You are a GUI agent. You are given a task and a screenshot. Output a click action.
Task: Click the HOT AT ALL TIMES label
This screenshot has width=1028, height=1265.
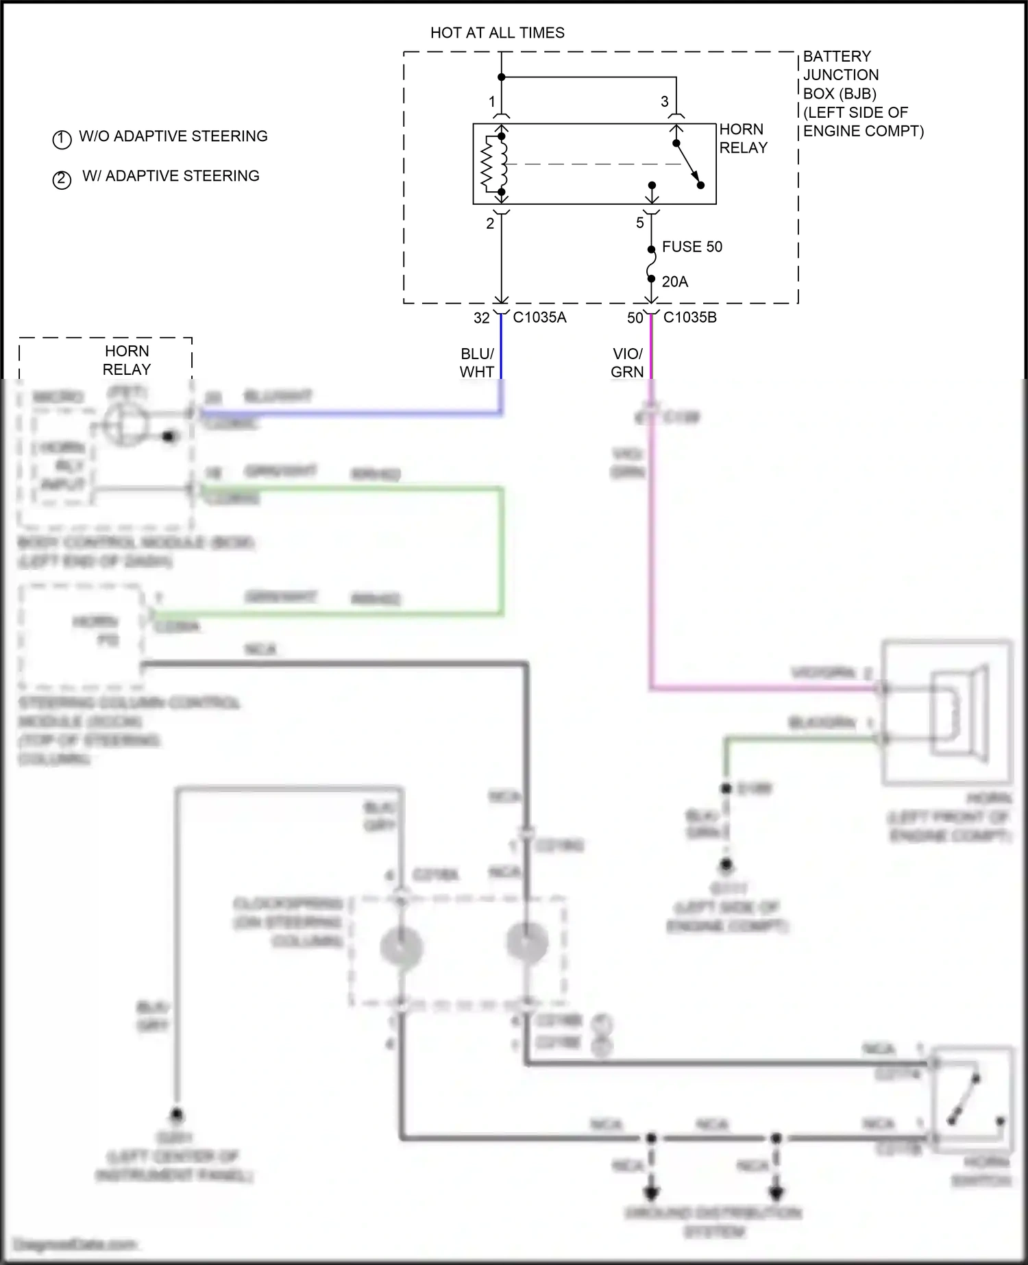point(497,33)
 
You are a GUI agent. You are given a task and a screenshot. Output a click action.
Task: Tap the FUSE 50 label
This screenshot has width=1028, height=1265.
point(692,247)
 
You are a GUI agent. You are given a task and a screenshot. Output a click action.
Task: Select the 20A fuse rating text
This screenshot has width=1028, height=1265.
point(674,282)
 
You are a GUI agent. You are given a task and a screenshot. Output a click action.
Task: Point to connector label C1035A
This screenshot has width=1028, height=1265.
point(539,318)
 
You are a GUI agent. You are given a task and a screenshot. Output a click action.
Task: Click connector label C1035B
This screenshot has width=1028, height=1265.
point(689,318)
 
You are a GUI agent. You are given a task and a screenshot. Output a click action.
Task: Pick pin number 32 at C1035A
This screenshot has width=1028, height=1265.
point(482,318)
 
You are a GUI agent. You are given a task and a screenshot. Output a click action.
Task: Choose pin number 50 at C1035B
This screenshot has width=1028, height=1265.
point(635,318)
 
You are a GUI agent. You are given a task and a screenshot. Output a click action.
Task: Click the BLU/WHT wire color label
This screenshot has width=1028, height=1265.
point(477,363)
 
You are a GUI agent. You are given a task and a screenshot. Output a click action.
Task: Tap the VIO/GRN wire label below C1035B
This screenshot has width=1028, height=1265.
point(627,363)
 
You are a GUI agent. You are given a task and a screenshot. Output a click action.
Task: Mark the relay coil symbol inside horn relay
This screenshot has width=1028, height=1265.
point(495,164)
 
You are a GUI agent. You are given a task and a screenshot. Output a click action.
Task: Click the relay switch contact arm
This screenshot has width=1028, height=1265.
point(688,164)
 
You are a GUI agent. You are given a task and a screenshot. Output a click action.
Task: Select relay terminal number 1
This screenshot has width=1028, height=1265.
point(491,102)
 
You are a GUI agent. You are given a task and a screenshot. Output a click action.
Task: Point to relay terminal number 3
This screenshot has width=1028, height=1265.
point(664,102)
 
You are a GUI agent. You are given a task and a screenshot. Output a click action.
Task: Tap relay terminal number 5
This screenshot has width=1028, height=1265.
point(639,223)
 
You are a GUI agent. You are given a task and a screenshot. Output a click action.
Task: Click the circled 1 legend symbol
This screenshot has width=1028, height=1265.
point(62,139)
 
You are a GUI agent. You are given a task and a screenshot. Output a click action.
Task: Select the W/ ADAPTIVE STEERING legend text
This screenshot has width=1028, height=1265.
point(171,176)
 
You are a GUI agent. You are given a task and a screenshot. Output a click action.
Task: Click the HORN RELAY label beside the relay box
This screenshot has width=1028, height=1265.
point(743,138)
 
